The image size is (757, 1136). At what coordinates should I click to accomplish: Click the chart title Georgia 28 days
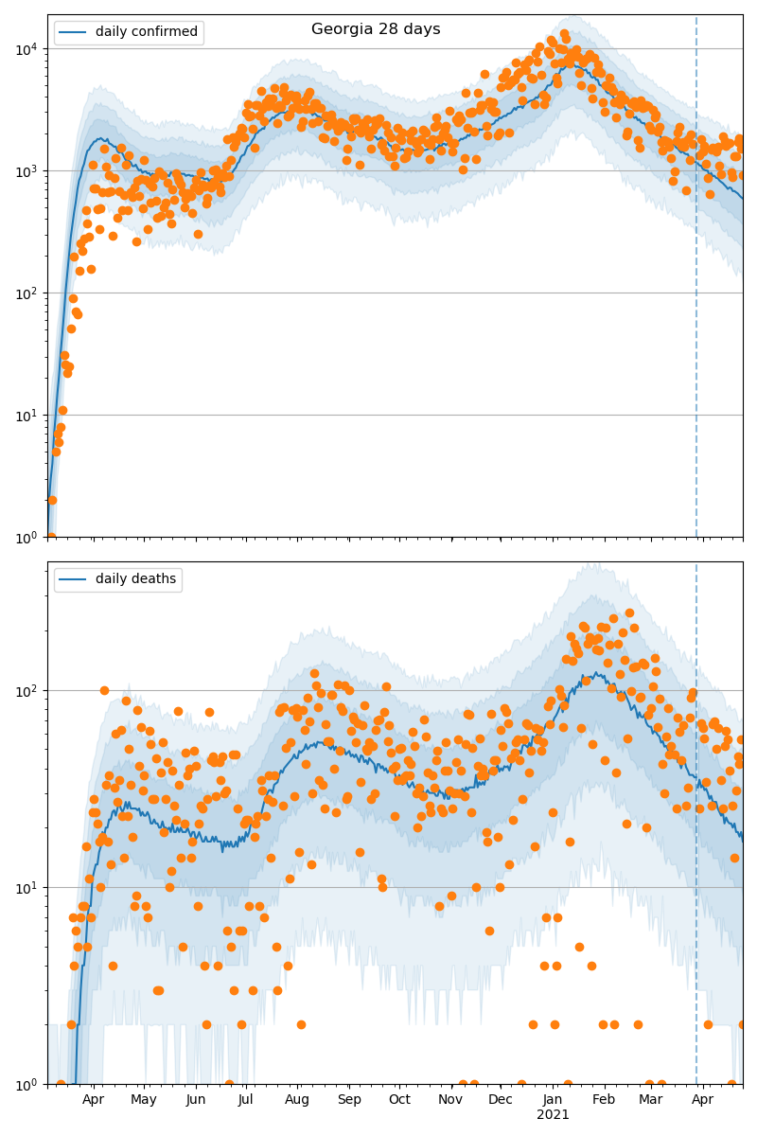pos(376,29)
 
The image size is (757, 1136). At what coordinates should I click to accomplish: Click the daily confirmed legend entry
pos(146,32)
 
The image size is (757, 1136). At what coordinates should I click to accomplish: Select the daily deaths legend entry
pos(135,579)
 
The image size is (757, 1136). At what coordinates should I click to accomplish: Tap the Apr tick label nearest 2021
pos(702,1099)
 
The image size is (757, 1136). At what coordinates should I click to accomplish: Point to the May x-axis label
pos(144,1099)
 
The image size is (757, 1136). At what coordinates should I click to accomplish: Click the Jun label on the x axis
pos(196,1099)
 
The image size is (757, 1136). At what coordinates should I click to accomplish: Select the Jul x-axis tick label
pos(246,1099)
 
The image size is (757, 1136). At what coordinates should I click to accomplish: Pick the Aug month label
pos(297,1099)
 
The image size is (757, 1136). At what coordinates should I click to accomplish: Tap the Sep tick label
pos(349,1099)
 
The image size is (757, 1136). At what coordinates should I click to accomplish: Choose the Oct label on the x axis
pos(399,1099)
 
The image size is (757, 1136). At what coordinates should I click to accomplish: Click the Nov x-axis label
pos(450,1099)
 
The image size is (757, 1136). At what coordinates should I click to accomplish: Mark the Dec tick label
pos(501,1099)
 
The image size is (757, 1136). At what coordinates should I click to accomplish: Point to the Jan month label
pos(553,1099)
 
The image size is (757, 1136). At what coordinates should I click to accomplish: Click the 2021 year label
pos(553,1114)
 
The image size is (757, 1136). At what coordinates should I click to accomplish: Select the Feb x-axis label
pos(604,1099)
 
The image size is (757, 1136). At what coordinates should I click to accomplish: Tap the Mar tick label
pos(650,1099)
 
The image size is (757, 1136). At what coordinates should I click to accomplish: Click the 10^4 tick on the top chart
pos(26,48)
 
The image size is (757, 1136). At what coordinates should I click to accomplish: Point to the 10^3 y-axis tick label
pos(26,170)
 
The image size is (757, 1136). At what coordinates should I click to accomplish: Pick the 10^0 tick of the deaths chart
pos(26,1084)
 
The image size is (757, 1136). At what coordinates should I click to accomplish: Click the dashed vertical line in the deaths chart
pos(696,805)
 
